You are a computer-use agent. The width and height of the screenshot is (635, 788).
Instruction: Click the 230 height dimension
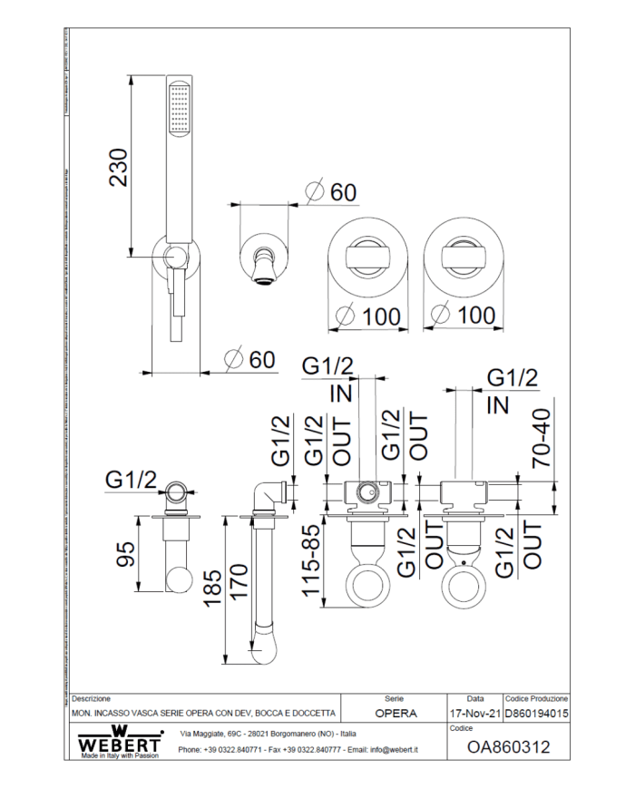point(119,167)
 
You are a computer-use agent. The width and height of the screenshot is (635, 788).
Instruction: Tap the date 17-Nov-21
point(474,714)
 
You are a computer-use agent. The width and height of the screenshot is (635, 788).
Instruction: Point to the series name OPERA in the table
point(396,714)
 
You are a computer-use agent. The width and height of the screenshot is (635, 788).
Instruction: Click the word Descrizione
point(92,699)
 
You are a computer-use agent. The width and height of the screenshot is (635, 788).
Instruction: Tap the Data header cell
point(474,699)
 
